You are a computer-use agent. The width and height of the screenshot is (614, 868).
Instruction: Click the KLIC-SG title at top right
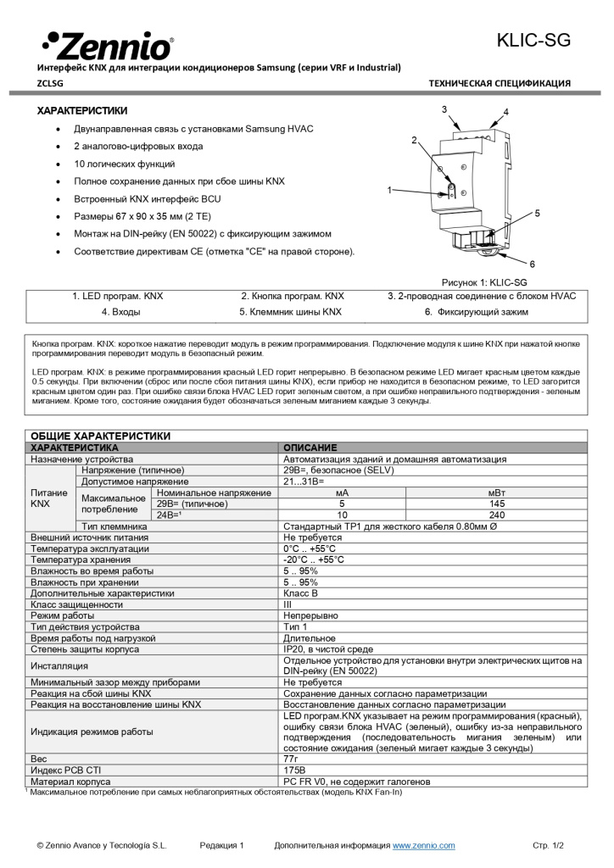pyautogui.click(x=533, y=40)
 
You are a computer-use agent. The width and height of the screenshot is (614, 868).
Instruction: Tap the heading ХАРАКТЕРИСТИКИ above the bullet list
pyautogui.click(x=82, y=110)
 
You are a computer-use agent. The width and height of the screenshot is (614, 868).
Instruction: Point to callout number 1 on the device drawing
pyautogui.click(x=389, y=190)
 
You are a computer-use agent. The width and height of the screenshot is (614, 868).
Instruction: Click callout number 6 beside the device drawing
pyautogui.click(x=532, y=264)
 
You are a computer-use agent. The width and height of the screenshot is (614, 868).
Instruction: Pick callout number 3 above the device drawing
pyautogui.click(x=444, y=109)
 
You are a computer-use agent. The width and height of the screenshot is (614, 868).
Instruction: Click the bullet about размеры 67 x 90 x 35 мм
pyautogui.click(x=157, y=216)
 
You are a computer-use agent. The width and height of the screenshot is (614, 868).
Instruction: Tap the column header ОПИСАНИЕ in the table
pyautogui.click(x=310, y=447)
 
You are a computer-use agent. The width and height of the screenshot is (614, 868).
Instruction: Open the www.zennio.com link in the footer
pyautogui.click(x=423, y=845)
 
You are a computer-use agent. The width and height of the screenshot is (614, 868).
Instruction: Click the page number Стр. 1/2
pyautogui.click(x=547, y=845)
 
